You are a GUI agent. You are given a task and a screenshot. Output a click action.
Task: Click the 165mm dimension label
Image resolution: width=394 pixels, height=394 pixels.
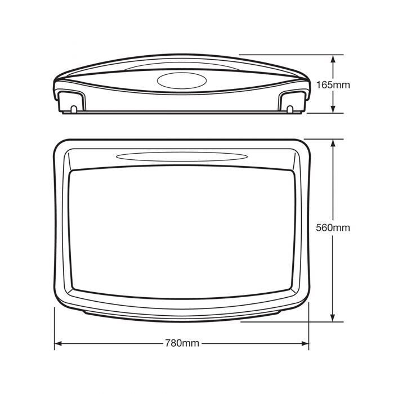[x=333, y=85]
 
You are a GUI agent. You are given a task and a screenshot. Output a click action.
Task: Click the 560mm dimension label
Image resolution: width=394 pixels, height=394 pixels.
[x=333, y=227]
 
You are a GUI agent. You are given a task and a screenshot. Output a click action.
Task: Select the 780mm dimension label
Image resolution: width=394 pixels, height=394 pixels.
[x=182, y=343]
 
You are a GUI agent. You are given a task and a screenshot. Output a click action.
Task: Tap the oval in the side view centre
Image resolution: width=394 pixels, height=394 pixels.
[x=182, y=80]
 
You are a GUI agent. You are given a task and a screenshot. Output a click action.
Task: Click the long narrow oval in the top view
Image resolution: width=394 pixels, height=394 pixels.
[x=182, y=156]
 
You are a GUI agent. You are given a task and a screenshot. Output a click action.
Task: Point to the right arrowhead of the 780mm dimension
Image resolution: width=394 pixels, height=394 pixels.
[x=305, y=343]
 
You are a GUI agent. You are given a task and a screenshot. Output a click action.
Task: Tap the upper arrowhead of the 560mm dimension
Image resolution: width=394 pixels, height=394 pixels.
[x=333, y=144]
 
